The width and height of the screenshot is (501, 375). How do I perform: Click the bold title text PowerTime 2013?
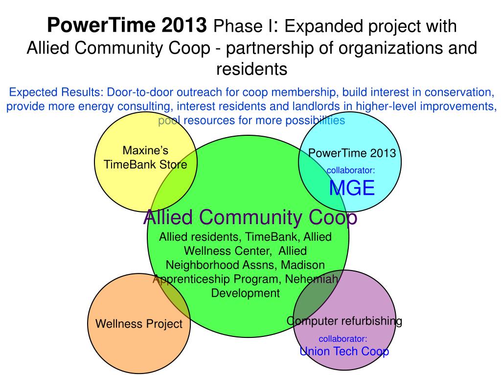pyautogui.click(x=127, y=25)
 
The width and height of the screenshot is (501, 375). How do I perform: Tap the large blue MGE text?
pyautogui.click(x=352, y=188)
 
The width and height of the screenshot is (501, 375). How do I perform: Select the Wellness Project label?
pyautogui.click(x=138, y=324)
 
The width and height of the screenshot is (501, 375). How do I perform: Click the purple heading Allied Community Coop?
pyautogui.click(x=250, y=217)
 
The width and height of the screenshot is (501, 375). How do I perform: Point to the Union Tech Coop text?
pyautogui.click(x=344, y=351)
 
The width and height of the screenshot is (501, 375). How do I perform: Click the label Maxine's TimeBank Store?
pyautogui.click(x=145, y=158)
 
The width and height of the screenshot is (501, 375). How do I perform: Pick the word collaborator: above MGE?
pyautogui.click(x=350, y=170)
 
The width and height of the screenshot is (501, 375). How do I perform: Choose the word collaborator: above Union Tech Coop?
pyautogui.click(x=343, y=339)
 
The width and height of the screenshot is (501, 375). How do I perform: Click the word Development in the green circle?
pyautogui.click(x=246, y=293)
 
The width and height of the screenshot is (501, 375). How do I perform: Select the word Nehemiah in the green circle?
pyautogui.click(x=312, y=279)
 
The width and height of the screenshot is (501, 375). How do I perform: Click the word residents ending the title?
pyautogui.click(x=252, y=69)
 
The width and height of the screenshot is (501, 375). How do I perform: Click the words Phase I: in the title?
pyautogui.click(x=246, y=26)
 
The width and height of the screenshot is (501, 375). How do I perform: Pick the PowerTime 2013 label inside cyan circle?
pyautogui.click(x=352, y=153)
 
